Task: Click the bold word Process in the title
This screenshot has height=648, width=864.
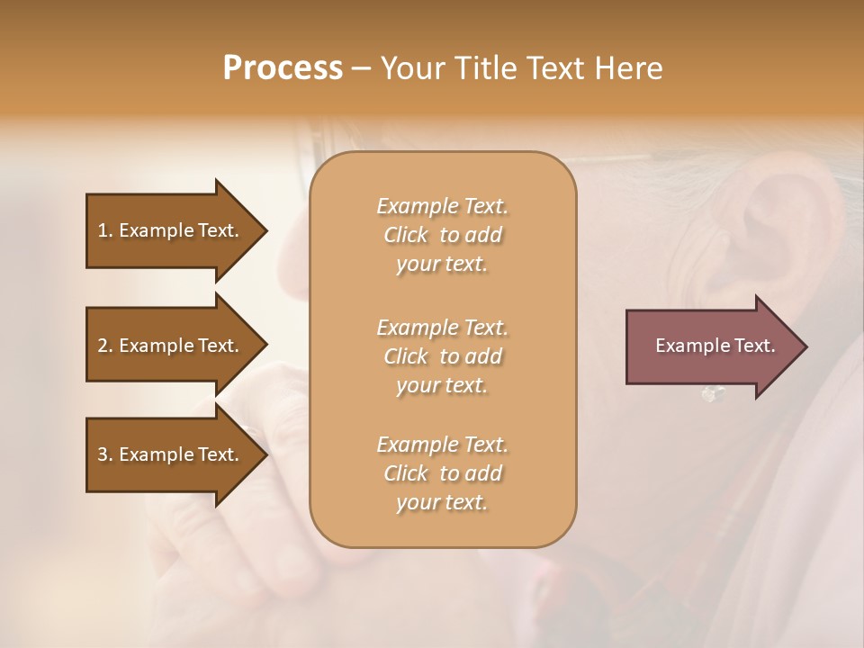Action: click(x=283, y=68)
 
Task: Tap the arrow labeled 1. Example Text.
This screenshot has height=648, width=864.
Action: click(x=171, y=230)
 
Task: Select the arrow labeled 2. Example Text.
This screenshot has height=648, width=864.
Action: click(x=171, y=346)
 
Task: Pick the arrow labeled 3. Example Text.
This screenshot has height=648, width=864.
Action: click(x=171, y=454)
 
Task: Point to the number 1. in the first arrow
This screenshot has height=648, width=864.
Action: click(x=105, y=230)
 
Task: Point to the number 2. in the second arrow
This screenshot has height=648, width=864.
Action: click(x=105, y=346)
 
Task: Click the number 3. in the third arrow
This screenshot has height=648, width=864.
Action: click(x=105, y=454)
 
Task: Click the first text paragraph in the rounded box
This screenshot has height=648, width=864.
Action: click(x=442, y=235)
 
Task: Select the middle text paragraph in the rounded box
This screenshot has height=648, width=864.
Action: click(x=442, y=356)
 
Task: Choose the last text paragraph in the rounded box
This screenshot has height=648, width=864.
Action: click(x=442, y=473)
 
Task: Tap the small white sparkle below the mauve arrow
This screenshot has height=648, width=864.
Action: click(x=713, y=393)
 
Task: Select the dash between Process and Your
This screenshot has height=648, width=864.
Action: click(x=362, y=68)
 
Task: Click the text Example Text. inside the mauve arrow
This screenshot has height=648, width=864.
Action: click(x=715, y=346)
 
